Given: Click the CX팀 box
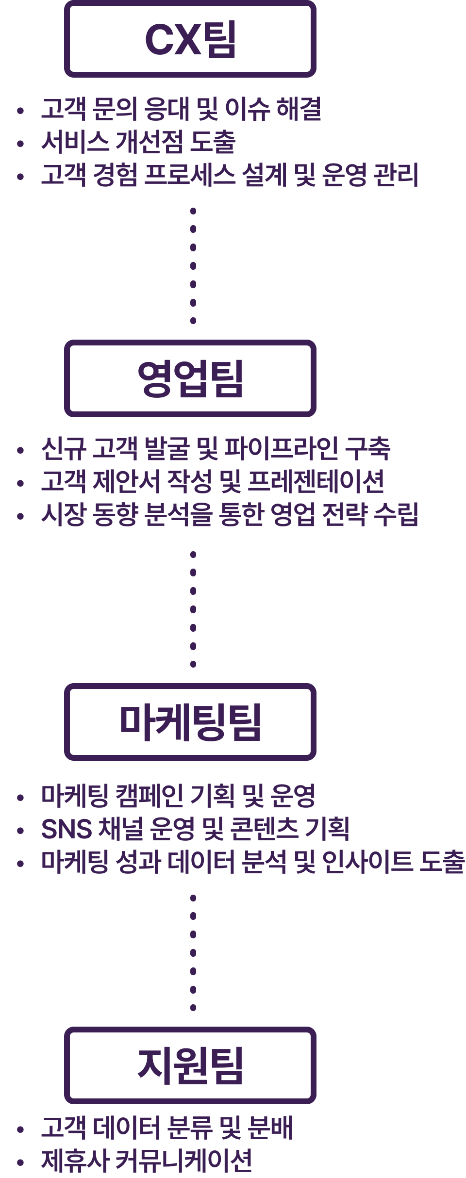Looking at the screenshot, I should click(190, 39).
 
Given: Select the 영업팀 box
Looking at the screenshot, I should click(190, 378).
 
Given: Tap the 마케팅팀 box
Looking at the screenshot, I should click(190, 722).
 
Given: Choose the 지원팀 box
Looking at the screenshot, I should click(190, 1065).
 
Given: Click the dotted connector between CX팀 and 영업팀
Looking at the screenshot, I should click(193, 266).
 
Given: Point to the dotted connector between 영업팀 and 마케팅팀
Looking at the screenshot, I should click(193, 609).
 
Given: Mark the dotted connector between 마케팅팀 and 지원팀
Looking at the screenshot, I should click(193, 953).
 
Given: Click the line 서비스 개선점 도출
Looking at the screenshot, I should click(138, 142).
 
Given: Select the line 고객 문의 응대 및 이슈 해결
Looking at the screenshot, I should click(181, 109).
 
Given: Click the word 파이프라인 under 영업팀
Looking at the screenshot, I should click(282, 448).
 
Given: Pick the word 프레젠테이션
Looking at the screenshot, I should click(316, 481).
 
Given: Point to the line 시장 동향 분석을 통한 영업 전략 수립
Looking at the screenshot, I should click(230, 514).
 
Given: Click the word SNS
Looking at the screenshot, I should click(67, 829).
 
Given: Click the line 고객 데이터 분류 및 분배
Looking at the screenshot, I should click(167, 1128).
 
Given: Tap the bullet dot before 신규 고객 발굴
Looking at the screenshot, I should click(20, 450).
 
